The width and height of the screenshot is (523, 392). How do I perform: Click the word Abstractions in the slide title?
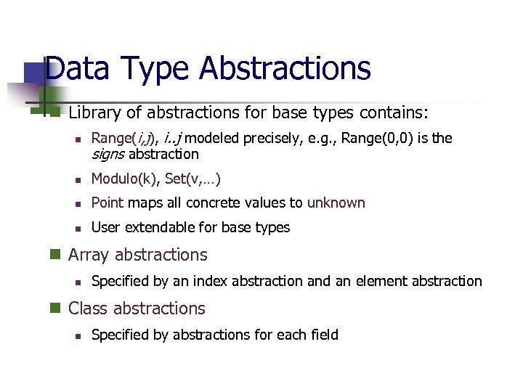click(x=285, y=69)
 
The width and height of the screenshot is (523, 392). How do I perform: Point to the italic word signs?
click(x=108, y=154)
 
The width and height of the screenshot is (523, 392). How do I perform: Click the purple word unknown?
click(x=336, y=203)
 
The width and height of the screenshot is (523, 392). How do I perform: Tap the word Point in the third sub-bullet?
click(x=108, y=203)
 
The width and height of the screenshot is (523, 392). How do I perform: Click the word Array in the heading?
click(x=89, y=255)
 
